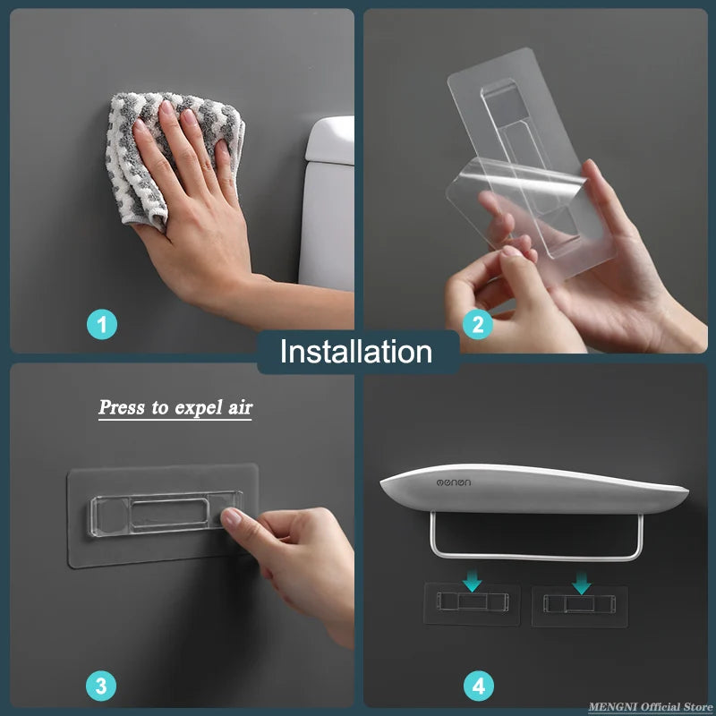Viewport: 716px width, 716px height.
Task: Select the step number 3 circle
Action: click(x=101, y=686)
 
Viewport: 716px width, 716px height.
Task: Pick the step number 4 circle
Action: click(x=478, y=686)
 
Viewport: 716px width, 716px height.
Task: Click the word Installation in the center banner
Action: click(x=356, y=352)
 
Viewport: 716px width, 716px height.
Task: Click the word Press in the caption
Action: click(x=122, y=407)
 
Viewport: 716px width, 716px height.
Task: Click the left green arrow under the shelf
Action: click(x=472, y=583)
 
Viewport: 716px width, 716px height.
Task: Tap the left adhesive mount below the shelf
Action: click(x=472, y=605)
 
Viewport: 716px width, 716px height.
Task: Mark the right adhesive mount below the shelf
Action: click(x=578, y=606)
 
